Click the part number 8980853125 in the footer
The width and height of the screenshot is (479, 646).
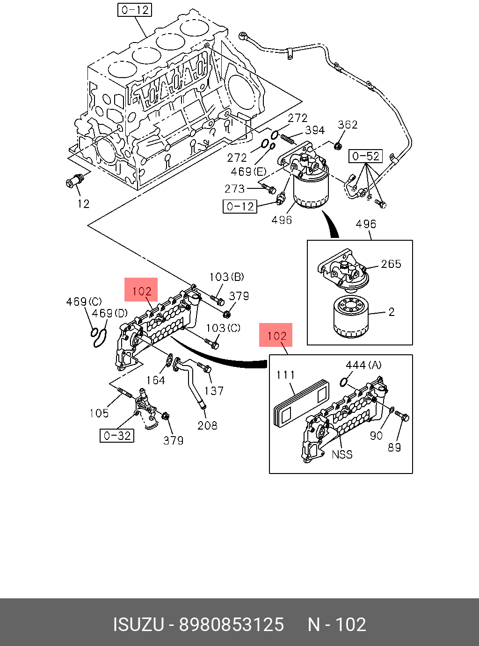pos(231,624)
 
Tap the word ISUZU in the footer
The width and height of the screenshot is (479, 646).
pos(138,624)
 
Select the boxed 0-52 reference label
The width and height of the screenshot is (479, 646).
pos(366,157)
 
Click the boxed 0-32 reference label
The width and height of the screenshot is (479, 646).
pos(117,436)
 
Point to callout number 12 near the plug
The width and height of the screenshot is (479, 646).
pos(83,204)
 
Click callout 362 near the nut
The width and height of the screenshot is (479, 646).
pos(348,125)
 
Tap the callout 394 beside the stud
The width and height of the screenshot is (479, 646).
pos(315,130)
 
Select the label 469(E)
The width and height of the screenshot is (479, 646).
pos(249,172)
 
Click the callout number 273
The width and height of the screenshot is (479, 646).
pos(234,189)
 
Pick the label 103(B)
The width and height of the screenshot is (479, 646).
pos(227,277)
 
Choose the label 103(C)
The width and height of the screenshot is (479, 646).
pos(223,328)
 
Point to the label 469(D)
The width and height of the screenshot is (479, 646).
pos(110,313)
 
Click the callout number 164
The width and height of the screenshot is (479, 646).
pos(156,380)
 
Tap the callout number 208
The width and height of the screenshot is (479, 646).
pos(207,425)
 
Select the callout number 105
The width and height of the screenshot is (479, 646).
pos(99,413)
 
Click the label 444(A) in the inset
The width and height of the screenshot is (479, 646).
pos(363,365)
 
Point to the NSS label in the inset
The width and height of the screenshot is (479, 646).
pos(342,454)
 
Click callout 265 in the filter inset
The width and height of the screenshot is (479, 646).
pos(391,264)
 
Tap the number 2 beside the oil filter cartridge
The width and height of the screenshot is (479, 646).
pos(392,312)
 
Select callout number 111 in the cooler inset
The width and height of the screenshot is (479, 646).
pos(285,375)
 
